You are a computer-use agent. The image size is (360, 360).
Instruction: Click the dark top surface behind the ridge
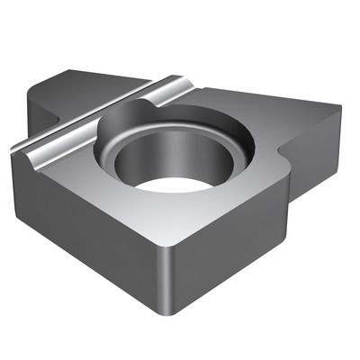[x=90, y=90]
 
